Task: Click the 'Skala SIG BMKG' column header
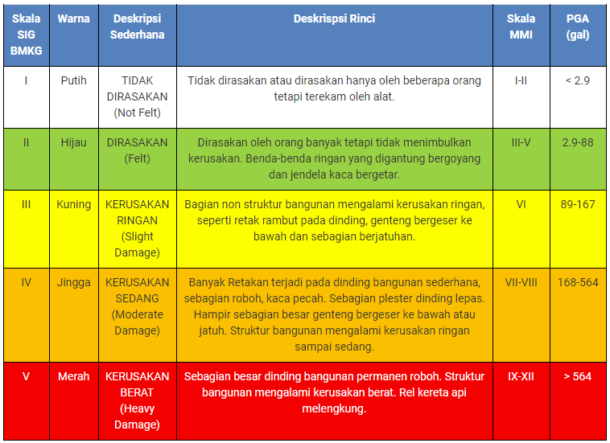click(26, 35)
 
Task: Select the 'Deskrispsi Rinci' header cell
click(334, 18)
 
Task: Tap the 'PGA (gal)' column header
click(578, 27)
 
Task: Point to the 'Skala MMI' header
click(521, 27)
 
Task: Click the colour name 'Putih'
click(73, 80)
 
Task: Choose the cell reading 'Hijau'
click(73, 142)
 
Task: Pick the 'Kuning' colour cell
click(73, 204)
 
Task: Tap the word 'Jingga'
click(73, 282)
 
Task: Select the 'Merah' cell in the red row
click(73, 376)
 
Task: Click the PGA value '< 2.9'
click(578, 80)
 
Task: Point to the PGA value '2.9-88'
click(578, 142)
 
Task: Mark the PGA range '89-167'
click(578, 204)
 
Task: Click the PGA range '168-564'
click(578, 282)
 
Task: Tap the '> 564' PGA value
click(578, 376)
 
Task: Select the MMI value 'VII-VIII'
click(521, 282)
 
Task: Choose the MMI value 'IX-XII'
click(521, 376)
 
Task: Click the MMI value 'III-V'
click(521, 142)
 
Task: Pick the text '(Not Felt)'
click(137, 113)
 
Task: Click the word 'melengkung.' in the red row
click(334, 408)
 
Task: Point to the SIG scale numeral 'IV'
click(26, 282)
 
